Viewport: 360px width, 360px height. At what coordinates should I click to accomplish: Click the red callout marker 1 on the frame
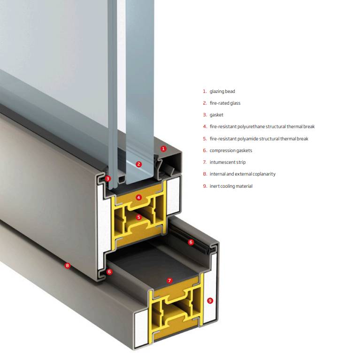click(163, 148)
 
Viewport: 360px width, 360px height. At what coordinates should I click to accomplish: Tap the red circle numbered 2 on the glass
click(138, 164)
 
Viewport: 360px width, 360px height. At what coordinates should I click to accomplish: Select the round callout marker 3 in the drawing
click(107, 178)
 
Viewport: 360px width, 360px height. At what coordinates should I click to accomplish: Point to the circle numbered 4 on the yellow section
click(138, 198)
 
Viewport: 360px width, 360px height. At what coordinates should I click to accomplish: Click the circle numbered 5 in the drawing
click(138, 217)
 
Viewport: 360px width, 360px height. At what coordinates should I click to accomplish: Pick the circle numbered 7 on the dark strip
click(170, 281)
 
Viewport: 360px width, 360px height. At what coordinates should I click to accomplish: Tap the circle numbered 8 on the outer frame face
click(68, 266)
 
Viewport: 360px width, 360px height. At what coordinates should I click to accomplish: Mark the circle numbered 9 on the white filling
click(210, 301)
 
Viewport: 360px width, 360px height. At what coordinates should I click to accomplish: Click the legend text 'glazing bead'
click(222, 91)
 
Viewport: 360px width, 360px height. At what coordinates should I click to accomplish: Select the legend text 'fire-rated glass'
click(225, 103)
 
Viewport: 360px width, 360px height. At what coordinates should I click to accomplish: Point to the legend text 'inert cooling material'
click(231, 186)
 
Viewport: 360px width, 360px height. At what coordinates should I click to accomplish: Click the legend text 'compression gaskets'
click(231, 150)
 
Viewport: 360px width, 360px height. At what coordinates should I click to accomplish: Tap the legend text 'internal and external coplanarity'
click(243, 174)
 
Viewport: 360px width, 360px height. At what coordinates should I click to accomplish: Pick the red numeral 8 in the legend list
click(205, 174)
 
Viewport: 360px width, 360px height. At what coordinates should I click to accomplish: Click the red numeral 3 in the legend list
click(205, 115)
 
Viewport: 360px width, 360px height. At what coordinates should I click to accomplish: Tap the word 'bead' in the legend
click(230, 91)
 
